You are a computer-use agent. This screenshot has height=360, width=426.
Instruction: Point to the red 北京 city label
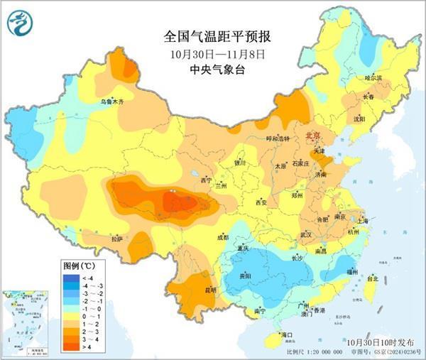(x=313, y=136)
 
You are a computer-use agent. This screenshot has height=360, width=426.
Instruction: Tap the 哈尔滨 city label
(x=373, y=77)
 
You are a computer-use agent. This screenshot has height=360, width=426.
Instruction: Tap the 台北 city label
(x=371, y=279)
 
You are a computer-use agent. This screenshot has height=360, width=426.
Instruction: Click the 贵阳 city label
(x=245, y=275)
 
